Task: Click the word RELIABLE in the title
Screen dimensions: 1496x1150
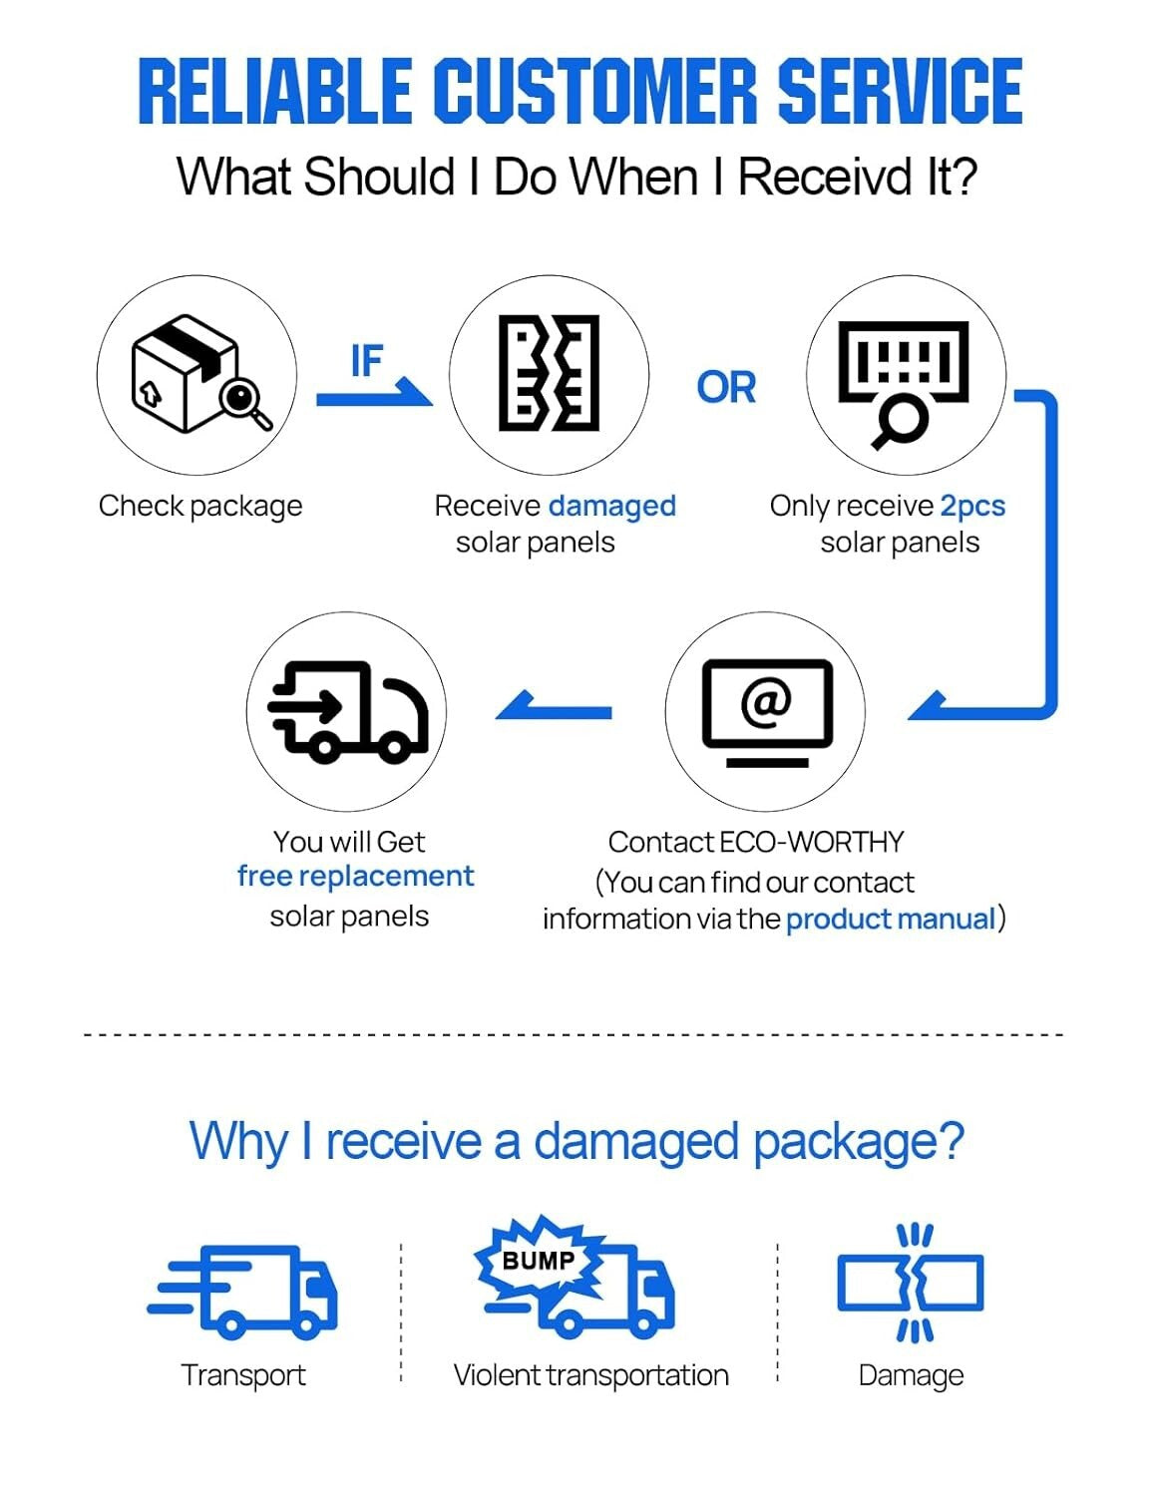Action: coord(274,91)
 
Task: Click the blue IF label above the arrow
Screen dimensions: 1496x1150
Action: coord(366,361)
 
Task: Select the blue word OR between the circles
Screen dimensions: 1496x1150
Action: coord(726,387)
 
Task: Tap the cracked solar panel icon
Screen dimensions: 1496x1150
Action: coord(549,374)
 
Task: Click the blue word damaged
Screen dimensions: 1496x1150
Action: coord(612,506)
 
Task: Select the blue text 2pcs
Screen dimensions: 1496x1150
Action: coord(972,506)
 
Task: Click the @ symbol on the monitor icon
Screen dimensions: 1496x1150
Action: coord(766,700)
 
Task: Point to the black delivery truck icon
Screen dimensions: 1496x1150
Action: coord(347,711)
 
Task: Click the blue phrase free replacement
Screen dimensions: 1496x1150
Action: coord(355,877)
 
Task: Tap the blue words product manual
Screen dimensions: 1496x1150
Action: coord(891,919)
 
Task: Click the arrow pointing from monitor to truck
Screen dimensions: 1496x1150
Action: coord(554,709)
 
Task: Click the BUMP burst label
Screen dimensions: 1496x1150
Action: coord(539,1260)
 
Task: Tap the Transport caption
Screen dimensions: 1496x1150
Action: coord(243,1375)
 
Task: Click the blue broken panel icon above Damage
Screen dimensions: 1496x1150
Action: coord(910,1282)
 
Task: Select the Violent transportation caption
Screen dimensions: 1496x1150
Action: coord(590,1375)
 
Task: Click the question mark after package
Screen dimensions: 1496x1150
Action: coord(951,1140)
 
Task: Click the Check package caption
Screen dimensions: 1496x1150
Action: coord(200,506)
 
